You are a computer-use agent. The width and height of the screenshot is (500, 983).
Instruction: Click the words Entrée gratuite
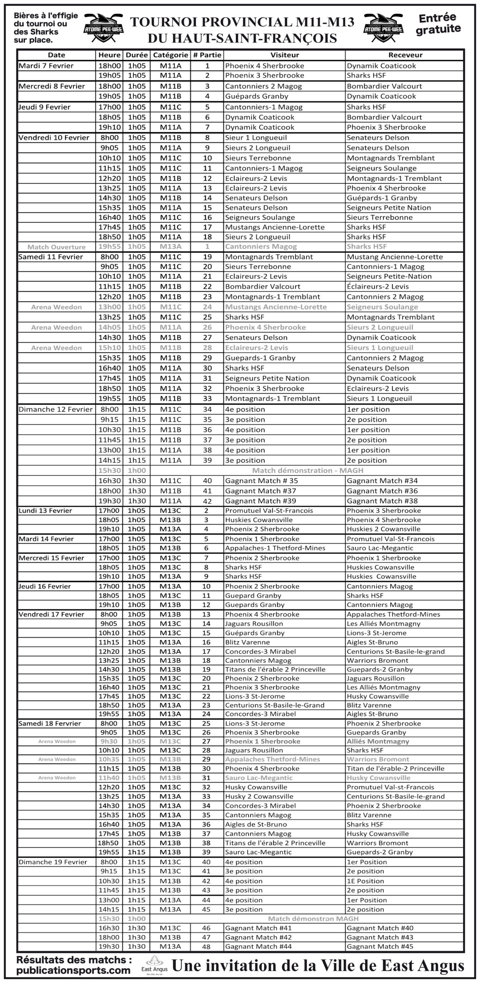click(438, 23)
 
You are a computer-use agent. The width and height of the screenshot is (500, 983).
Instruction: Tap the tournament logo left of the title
click(103, 25)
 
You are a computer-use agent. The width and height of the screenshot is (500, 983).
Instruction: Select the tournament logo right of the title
click(383, 25)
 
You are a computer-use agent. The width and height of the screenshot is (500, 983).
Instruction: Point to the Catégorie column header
click(171, 55)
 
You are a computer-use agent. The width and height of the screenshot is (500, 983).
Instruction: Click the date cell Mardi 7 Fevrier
click(46, 66)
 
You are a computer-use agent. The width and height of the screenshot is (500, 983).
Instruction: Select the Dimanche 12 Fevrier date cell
click(56, 409)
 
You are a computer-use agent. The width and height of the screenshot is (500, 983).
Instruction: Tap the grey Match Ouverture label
click(56, 247)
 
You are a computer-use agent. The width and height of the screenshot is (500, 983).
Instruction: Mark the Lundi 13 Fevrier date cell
click(45, 511)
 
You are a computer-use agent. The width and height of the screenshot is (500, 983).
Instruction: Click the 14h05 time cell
click(109, 328)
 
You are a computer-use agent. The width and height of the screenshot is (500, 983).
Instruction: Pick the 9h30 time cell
click(109, 741)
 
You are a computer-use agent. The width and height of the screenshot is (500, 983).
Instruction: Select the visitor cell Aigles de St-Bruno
click(256, 824)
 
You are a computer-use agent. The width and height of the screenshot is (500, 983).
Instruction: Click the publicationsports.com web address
click(73, 970)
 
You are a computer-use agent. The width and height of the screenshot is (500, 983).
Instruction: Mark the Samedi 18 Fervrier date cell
click(50, 723)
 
